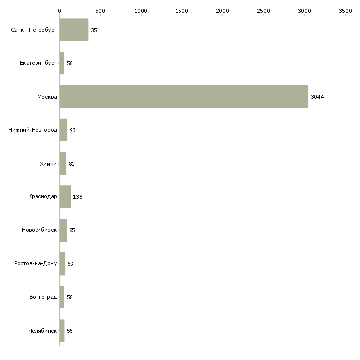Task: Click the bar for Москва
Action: pos(183,97)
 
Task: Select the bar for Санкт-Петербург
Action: pos(74,30)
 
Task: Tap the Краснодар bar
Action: pos(65,197)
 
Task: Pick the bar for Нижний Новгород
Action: pos(63,130)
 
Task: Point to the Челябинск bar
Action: pos(62,330)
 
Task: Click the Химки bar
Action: pos(63,163)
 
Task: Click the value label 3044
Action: pos(317,97)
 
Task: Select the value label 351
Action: pos(96,30)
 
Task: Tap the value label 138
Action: pos(78,197)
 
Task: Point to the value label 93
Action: pos(72,130)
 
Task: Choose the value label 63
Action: pos(70,264)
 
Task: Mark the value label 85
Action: pos(72,230)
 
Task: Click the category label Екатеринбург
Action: pos(38,63)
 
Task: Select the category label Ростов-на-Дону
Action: pos(36,263)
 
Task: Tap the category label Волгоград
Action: pos(43,297)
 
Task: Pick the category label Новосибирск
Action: pos(39,230)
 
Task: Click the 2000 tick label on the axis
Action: pos(222,11)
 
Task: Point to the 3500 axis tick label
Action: pos(345,11)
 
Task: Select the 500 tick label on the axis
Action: pos(100,11)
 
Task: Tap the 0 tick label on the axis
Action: pos(60,11)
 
